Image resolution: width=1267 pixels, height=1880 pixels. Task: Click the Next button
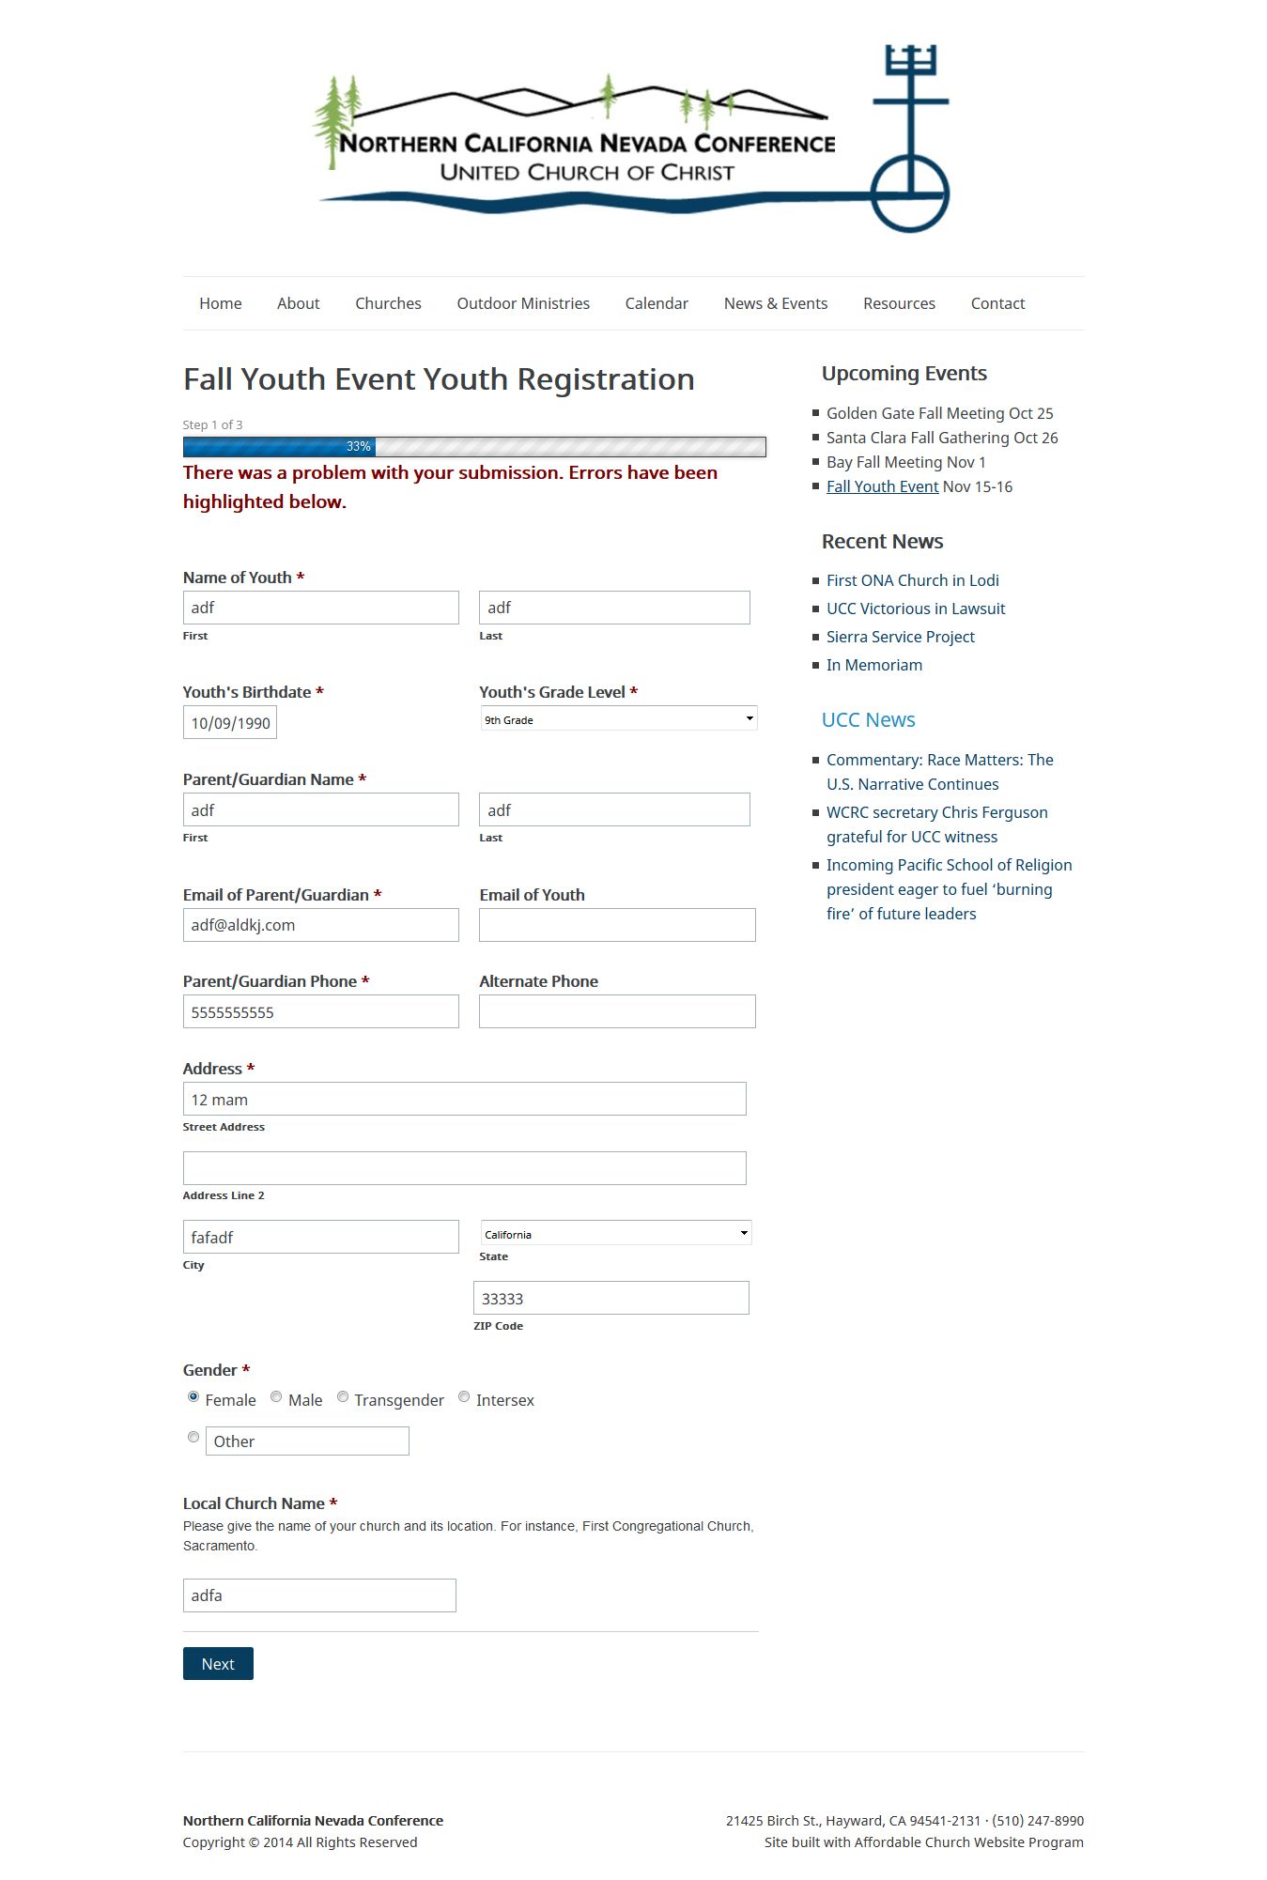pyautogui.click(x=218, y=1663)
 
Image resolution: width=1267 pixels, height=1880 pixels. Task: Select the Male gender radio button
pyautogui.click(x=276, y=1397)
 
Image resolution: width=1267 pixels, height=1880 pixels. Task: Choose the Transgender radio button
pyautogui.click(x=343, y=1397)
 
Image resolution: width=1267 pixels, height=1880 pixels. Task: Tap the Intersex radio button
pyautogui.click(x=464, y=1397)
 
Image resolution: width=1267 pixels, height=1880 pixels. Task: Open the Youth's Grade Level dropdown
pyautogui.click(x=618, y=719)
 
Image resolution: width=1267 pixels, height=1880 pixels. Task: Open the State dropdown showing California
pyautogui.click(x=615, y=1233)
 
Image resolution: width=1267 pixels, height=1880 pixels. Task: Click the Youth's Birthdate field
pyautogui.click(x=230, y=723)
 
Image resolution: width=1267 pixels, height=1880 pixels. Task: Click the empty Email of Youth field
pyautogui.click(x=617, y=925)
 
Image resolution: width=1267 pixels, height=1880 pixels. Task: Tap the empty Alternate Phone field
pyautogui.click(x=617, y=1011)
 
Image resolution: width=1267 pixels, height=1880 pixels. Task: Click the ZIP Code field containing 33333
pyautogui.click(x=611, y=1298)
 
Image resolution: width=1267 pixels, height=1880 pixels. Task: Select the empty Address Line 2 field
pyautogui.click(x=464, y=1168)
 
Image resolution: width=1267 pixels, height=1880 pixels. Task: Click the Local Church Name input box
pyautogui.click(x=319, y=1595)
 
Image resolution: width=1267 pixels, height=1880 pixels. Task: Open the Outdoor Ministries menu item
pyautogui.click(x=523, y=303)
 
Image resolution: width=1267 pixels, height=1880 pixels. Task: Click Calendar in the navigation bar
pyautogui.click(x=657, y=303)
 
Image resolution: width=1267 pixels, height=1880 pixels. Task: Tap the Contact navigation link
pyautogui.click(x=997, y=303)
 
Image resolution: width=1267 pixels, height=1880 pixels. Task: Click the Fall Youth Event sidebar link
pyautogui.click(x=882, y=486)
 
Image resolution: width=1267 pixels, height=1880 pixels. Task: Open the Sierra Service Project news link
pyautogui.click(x=900, y=637)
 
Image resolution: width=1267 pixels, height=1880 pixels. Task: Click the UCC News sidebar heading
pyautogui.click(x=868, y=720)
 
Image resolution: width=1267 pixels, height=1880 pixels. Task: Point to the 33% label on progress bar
pyautogui.click(x=358, y=447)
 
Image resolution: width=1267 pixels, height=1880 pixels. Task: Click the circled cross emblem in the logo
pyautogui.click(x=909, y=193)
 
